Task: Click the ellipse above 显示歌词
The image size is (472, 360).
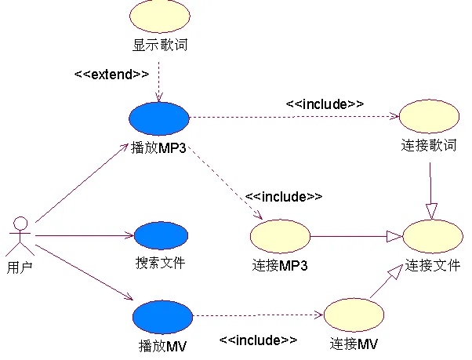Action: tap(159, 16)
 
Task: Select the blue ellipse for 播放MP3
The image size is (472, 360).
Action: tap(159, 118)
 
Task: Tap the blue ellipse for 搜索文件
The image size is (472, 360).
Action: tap(161, 235)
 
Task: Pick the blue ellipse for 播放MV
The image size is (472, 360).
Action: tap(162, 317)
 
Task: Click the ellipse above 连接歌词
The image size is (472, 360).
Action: tap(429, 116)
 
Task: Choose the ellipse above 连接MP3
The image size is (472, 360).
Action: tap(280, 236)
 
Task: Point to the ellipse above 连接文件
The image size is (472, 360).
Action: tap(433, 236)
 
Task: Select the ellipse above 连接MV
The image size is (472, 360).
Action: tap(354, 315)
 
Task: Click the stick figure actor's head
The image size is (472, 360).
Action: tap(20, 224)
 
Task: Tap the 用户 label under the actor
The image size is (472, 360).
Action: tap(20, 267)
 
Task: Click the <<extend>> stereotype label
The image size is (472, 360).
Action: tap(111, 75)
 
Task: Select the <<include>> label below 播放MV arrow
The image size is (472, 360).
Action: tap(258, 340)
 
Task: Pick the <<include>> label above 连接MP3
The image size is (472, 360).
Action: tap(284, 197)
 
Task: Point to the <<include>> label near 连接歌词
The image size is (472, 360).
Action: tap(325, 104)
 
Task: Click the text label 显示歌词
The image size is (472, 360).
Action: tap(160, 45)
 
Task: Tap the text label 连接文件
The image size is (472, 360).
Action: tap(433, 265)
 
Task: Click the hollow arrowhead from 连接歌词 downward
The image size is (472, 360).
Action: tap(431, 211)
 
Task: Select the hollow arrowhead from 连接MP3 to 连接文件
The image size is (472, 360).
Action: tap(394, 236)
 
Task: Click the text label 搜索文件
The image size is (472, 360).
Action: tap(161, 263)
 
